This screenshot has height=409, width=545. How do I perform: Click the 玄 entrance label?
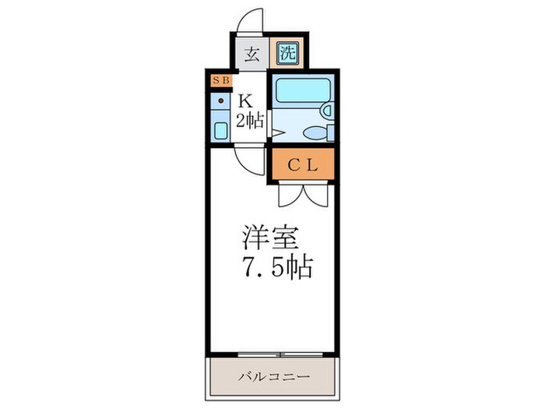click(x=252, y=55)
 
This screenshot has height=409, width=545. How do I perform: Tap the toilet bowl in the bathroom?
click(x=314, y=133)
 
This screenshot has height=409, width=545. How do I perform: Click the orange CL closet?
click(x=303, y=164)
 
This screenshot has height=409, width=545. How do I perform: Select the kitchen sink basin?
click(x=220, y=130)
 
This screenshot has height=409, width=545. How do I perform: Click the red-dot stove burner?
click(x=220, y=100)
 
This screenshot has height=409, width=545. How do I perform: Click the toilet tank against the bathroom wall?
click(x=330, y=133)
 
